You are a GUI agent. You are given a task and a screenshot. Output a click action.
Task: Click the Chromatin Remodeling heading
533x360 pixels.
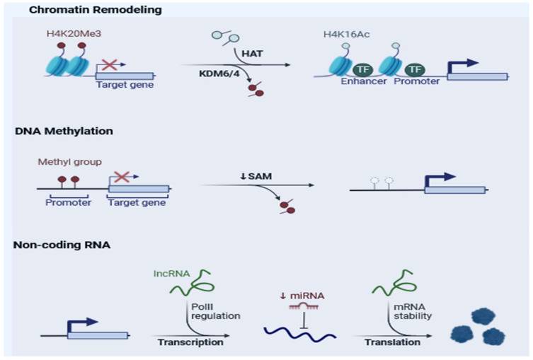pyautogui.click(x=95, y=10)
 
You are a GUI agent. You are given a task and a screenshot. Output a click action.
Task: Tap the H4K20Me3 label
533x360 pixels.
pyautogui.click(x=74, y=34)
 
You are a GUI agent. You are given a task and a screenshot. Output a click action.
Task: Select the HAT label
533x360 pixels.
pyautogui.click(x=252, y=54)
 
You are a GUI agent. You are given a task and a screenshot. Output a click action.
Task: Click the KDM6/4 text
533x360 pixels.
pyautogui.click(x=219, y=74)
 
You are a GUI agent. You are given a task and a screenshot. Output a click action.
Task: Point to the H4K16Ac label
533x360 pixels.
pyautogui.click(x=346, y=34)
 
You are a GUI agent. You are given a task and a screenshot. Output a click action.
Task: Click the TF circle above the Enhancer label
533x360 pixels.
pyautogui.click(x=363, y=69)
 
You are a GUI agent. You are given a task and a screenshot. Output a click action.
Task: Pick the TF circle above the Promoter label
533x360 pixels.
pyautogui.click(x=415, y=69)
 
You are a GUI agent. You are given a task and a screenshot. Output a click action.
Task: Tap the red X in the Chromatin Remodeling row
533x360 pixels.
pyautogui.click(x=109, y=64)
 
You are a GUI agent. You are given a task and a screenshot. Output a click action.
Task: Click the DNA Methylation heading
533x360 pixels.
pyautogui.click(x=64, y=131)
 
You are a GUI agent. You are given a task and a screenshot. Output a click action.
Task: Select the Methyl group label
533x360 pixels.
pyautogui.click(x=69, y=162)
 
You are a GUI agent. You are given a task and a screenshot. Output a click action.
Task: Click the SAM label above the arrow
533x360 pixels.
pyautogui.click(x=260, y=176)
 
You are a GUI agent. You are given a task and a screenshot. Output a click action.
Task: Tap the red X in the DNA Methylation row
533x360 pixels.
pyautogui.click(x=122, y=177)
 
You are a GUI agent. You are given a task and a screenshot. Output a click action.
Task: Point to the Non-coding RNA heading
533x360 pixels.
pyautogui.click(x=62, y=245)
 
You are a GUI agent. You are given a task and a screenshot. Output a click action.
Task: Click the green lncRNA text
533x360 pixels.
pyautogui.click(x=172, y=274)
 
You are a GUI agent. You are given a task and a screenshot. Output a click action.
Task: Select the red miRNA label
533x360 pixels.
pyautogui.click(x=307, y=296)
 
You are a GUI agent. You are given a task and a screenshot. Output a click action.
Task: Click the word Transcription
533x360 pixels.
pyautogui.click(x=190, y=342)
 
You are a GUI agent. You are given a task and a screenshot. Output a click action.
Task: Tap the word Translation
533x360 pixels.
pyautogui.click(x=392, y=342)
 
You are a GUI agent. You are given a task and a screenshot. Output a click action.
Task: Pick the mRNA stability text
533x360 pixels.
pyautogui.click(x=413, y=311)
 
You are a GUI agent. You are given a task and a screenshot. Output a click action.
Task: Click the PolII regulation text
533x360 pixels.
pyautogui.click(x=215, y=311)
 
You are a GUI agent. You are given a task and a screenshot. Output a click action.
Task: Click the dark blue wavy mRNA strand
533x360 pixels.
pyautogui.click(x=300, y=333)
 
